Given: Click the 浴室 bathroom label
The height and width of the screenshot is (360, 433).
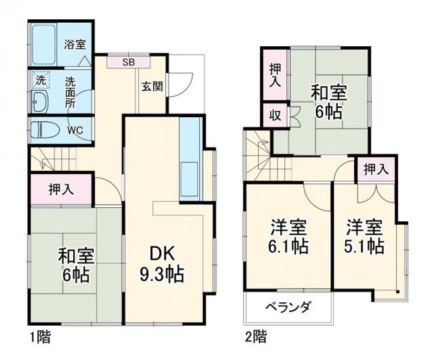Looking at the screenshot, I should [75, 43].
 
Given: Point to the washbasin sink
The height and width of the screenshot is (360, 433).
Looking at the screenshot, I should [40, 101].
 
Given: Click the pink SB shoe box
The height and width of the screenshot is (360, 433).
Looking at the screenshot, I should [129, 61].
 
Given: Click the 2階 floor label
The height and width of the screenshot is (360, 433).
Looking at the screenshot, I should [254, 337].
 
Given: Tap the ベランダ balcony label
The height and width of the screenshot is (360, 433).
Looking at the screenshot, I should [289, 308].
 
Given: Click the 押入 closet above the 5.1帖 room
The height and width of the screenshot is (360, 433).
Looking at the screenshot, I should [376, 170].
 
